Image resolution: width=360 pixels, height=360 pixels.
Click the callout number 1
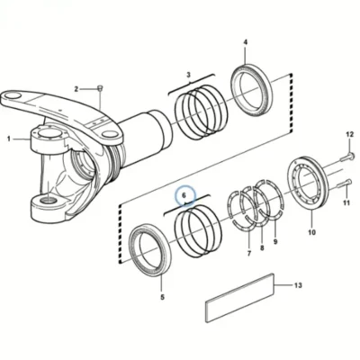click(9, 139)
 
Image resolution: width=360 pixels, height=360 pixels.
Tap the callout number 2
click(76, 89)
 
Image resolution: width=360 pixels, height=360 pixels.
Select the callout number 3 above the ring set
click(188, 75)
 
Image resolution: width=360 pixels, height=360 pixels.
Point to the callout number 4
click(246, 42)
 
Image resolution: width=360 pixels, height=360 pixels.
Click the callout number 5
click(162, 297)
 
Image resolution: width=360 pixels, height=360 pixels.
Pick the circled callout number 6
click(184, 195)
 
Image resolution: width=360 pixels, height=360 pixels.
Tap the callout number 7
click(249, 254)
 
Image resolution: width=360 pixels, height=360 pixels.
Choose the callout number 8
click(262, 248)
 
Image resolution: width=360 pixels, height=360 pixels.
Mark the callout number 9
click(275, 241)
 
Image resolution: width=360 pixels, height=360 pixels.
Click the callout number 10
click(311, 232)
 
